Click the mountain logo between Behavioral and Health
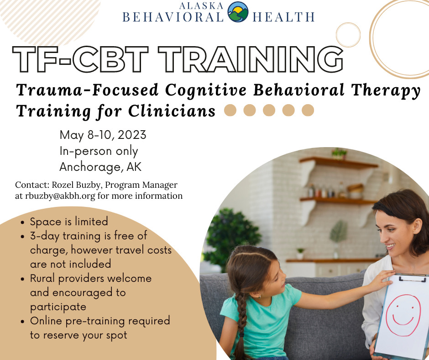tap(238, 12)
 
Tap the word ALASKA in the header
tap(201, 5)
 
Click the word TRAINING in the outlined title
tap(251, 59)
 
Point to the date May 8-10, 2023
tap(103, 135)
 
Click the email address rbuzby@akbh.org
tap(60, 196)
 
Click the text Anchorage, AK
tap(100, 167)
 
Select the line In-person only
tap(99, 151)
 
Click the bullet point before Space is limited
tap(23, 222)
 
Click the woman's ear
tap(417, 226)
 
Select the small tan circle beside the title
tap(348, 35)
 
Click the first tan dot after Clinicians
tap(230, 110)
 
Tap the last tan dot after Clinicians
tap(308, 110)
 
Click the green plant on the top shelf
tap(339, 154)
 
